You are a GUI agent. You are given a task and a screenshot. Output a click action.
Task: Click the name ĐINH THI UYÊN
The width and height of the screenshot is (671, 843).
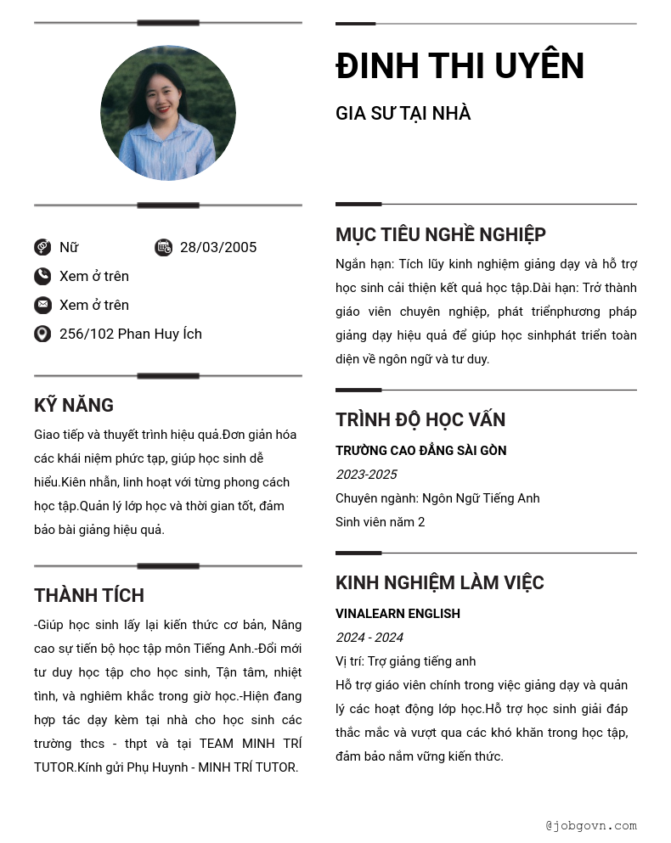460,66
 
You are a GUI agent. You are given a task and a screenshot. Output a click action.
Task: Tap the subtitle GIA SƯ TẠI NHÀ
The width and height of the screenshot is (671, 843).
403,114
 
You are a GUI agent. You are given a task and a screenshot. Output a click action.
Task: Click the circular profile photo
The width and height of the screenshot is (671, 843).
168,113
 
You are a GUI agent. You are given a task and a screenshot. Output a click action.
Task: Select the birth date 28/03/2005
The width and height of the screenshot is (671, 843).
218,248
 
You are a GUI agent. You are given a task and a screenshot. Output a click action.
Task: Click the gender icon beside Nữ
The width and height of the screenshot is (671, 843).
42,247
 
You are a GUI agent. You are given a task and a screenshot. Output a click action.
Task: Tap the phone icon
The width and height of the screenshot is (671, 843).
42,276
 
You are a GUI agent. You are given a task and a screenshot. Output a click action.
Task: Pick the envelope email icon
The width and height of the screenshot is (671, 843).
42,305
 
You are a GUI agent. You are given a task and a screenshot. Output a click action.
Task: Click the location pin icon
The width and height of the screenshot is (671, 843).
42,334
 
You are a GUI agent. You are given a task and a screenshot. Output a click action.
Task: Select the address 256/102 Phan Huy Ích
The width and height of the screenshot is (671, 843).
131,334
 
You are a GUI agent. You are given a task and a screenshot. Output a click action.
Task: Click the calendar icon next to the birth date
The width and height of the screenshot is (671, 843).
163,247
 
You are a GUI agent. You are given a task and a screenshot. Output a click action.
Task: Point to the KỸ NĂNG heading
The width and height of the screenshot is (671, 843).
74,406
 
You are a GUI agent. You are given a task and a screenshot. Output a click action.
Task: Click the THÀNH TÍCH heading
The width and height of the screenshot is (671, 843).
89,595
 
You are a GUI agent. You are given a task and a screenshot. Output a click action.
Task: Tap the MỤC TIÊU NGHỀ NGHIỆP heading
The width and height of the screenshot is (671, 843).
440,235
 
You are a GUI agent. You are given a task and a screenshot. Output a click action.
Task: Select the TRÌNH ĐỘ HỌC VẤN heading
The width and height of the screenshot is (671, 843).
420,420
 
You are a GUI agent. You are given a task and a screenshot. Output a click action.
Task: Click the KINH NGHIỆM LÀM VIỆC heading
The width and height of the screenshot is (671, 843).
439,583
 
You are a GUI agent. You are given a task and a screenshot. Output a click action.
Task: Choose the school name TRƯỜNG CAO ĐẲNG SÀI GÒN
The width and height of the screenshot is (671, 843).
420,451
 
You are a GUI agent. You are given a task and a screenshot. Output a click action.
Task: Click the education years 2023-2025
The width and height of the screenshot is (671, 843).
366,475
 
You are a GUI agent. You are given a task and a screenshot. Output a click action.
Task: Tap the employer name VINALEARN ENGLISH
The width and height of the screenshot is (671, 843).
398,614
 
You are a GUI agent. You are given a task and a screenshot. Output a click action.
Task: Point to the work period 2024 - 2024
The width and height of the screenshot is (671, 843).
369,638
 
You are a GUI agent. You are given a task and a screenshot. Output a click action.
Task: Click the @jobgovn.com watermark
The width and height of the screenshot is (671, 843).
591,825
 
